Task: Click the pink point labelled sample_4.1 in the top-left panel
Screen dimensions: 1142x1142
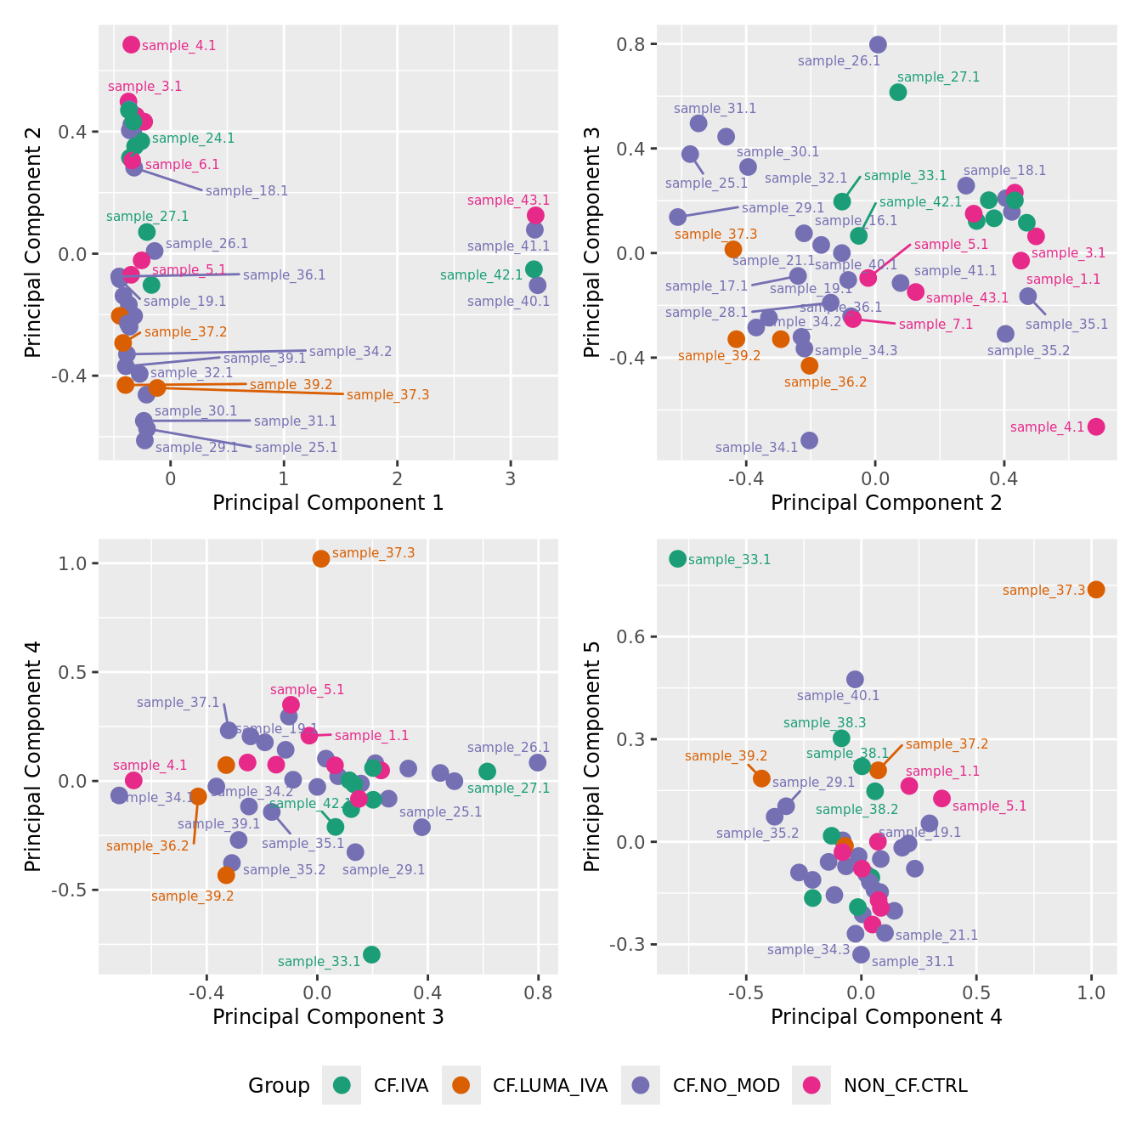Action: pyautogui.click(x=131, y=44)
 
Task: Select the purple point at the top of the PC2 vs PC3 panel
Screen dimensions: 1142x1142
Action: pyautogui.click(x=878, y=44)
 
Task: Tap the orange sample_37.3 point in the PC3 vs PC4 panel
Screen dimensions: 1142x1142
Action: pyautogui.click(x=321, y=558)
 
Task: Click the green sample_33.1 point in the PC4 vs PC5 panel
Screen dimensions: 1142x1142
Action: pyautogui.click(x=677, y=558)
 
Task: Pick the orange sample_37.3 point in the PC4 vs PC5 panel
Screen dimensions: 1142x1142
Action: pyautogui.click(x=1096, y=589)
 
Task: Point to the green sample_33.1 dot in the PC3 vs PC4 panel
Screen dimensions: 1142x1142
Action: pyautogui.click(x=371, y=954)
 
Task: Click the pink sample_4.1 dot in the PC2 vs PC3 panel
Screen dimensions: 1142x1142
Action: pyautogui.click(x=1096, y=427)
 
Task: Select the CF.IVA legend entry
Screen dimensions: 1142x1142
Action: pyautogui.click(x=342, y=1085)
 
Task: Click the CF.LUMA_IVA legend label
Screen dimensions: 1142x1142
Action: pyautogui.click(x=550, y=1085)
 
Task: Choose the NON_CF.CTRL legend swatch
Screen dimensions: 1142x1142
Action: pyautogui.click(x=812, y=1085)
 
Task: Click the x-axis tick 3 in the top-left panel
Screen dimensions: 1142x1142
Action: pyautogui.click(x=511, y=478)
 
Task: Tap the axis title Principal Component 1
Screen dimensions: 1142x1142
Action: pyautogui.click(x=328, y=502)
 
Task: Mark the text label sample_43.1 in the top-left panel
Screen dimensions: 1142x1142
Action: pyautogui.click(x=508, y=201)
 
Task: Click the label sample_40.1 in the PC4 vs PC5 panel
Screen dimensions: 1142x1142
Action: pyautogui.click(x=838, y=695)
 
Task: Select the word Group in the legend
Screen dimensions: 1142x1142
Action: pyautogui.click(x=279, y=1085)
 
